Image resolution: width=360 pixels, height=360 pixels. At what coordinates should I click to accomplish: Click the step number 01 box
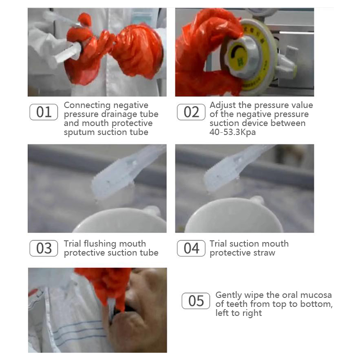44,112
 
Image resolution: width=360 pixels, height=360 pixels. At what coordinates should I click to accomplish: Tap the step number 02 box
191,112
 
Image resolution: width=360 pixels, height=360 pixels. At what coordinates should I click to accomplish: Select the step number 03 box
44,248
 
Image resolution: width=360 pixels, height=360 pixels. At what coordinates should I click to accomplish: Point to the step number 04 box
191,248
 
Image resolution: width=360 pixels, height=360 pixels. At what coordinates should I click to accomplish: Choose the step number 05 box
196,301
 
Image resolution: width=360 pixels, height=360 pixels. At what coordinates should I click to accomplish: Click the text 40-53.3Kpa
232,132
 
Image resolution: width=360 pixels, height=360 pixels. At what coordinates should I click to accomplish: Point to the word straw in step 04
264,253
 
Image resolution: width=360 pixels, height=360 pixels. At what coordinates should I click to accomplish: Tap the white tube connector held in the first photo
65,53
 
